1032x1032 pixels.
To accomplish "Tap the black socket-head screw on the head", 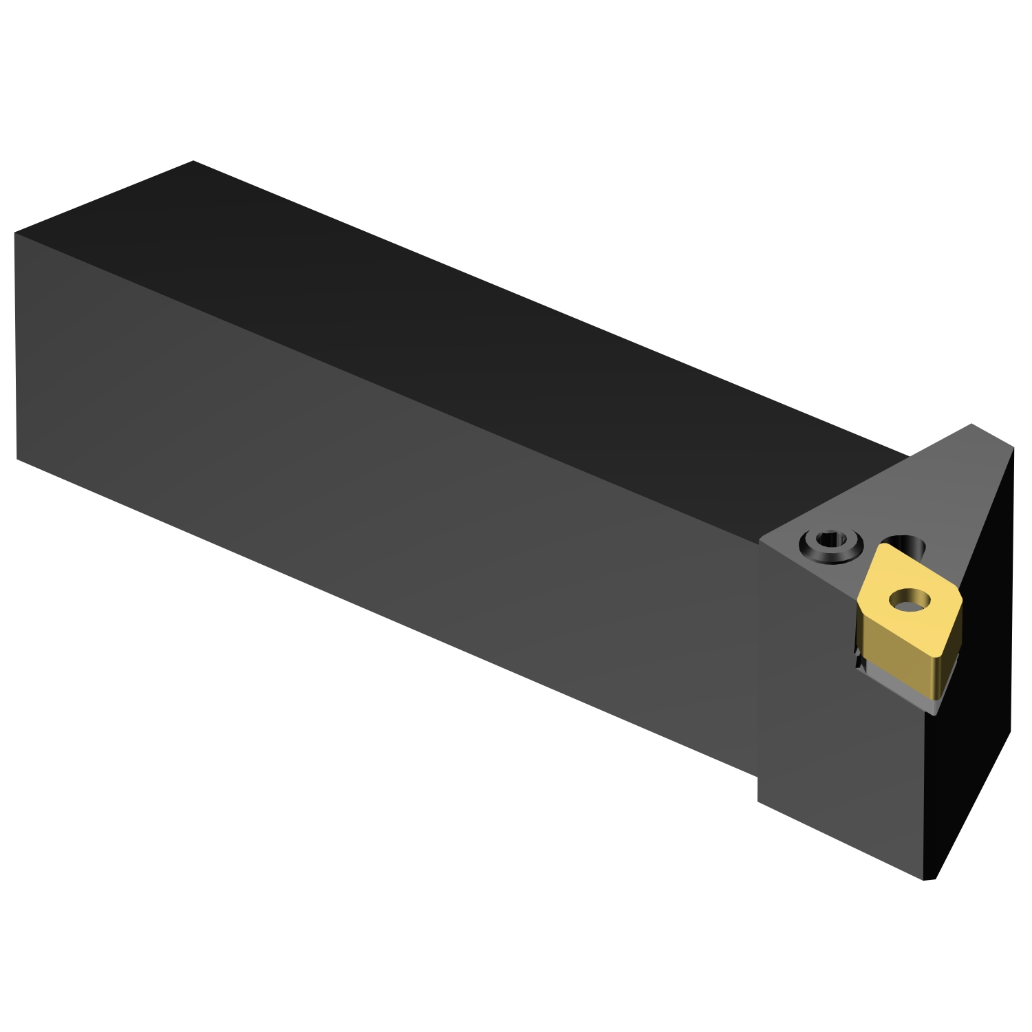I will [830, 547].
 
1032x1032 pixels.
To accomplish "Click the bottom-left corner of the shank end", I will [17, 459].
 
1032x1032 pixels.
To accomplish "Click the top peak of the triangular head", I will [971, 424].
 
